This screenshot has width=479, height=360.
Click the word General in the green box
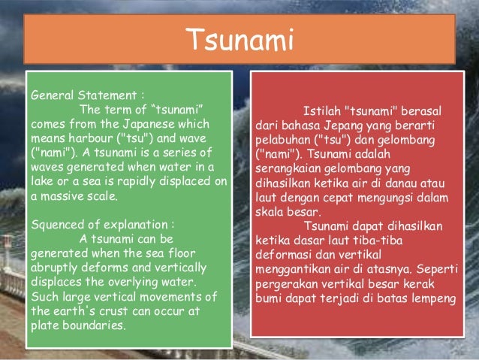tap(53, 96)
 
